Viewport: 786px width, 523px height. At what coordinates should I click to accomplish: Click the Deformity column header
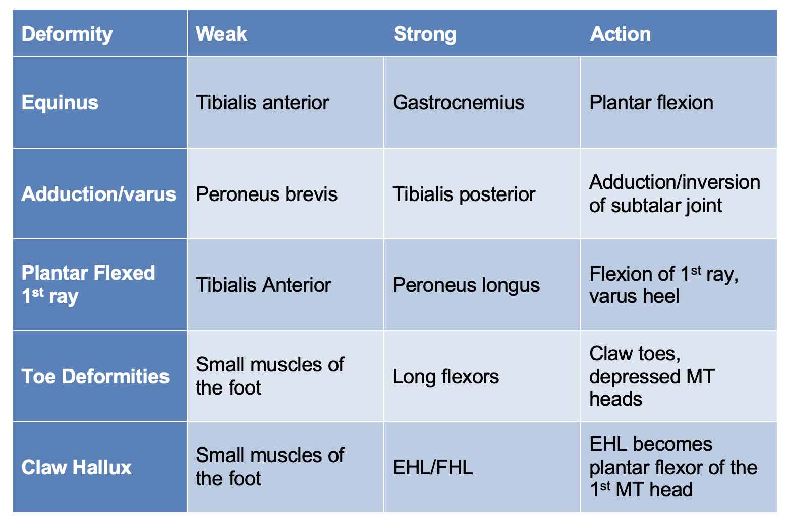[x=67, y=34]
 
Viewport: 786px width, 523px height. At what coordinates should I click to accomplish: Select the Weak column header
[x=221, y=34]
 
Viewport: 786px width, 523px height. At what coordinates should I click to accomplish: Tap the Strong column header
[x=424, y=34]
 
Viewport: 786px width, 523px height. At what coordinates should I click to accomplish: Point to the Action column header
[x=620, y=34]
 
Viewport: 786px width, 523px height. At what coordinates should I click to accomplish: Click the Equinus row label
[x=60, y=103]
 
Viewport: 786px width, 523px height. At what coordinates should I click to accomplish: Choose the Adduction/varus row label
[x=99, y=194]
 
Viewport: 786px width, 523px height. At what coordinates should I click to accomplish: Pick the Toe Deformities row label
[x=95, y=376]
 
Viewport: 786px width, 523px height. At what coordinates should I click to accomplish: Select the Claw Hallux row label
[x=77, y=468]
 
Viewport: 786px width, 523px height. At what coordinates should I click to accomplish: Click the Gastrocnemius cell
[x=458, y=103]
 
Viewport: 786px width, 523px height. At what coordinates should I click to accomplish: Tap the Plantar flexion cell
[x=651, y=103]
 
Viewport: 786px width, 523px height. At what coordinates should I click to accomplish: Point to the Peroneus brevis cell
[x=266, y=194]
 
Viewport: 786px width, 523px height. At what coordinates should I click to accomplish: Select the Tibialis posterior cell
[x=464, y=194]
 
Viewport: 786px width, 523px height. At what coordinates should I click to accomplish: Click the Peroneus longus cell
[x=466, y=285]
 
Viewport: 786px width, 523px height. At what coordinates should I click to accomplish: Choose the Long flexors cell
[x=445, y=376]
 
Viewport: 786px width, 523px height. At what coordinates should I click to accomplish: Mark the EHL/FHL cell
[x=433, y=468]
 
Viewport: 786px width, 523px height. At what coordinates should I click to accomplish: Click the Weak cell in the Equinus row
[x=262, y=103]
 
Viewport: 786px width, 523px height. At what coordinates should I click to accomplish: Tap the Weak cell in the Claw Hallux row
[x=270, y=467]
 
